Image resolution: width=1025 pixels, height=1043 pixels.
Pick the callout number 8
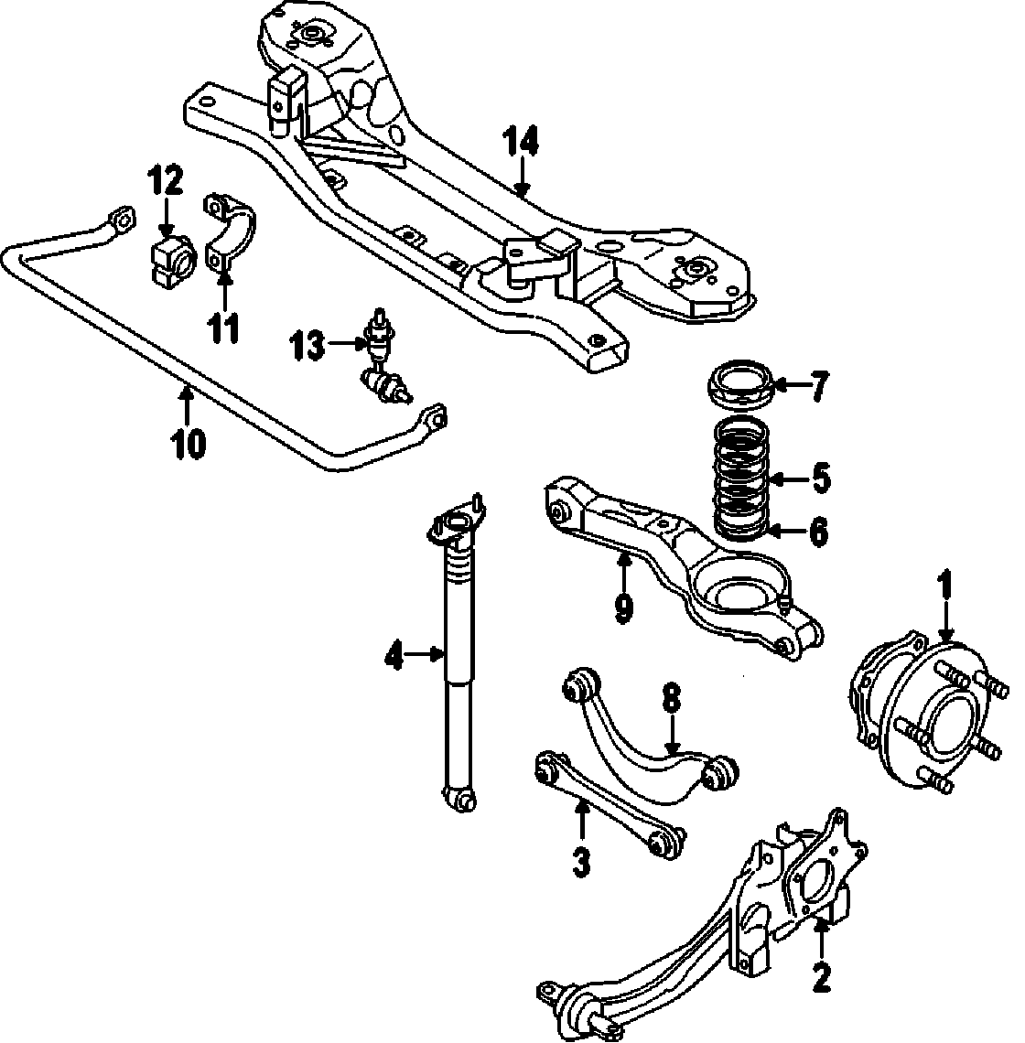click(x=671, y=700)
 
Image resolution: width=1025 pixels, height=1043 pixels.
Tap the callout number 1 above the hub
click(x=945, y=583)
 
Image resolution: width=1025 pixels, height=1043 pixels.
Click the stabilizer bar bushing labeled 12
click(x=170, y=258)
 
